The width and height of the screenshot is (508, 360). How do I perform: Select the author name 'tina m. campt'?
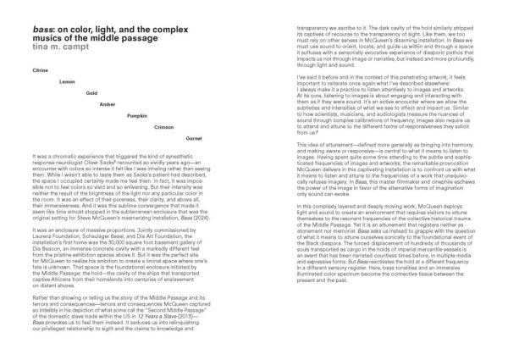click(x=58, y=36)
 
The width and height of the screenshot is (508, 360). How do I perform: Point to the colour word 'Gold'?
click(x=92, y=91)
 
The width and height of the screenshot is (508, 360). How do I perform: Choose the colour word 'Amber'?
click(x=108, y=103)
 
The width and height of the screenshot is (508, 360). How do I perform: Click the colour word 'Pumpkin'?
click(x=136, y=114)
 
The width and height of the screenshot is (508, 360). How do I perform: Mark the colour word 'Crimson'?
click(x=163, y=126)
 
